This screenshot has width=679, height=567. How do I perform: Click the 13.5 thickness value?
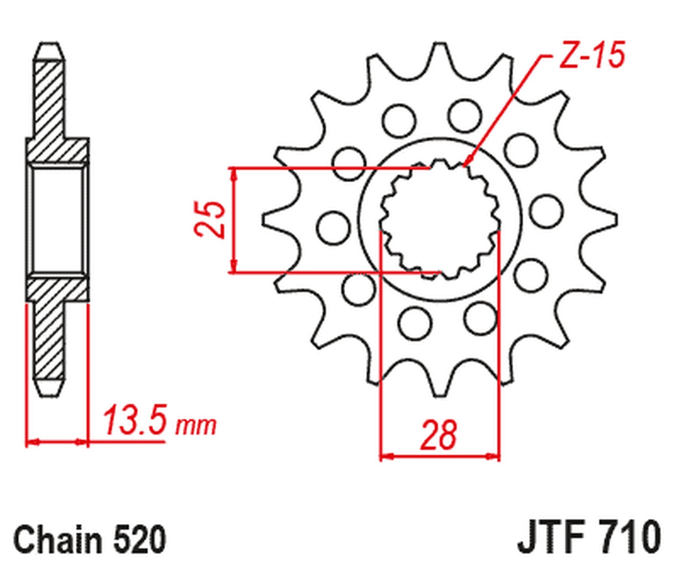(x=135, y=420)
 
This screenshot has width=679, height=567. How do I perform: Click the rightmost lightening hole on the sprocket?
(x=546, y=211)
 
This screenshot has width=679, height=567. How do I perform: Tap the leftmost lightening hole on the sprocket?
(x=333, y=228)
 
